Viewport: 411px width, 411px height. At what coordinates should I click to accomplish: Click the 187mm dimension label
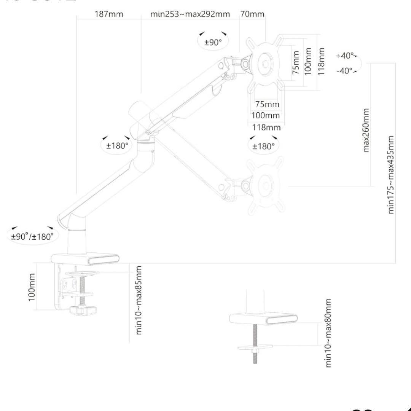click(109, 14)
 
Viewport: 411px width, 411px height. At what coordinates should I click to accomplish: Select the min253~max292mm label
click(190, 14)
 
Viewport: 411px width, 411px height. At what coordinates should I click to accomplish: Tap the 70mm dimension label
click(252, 14)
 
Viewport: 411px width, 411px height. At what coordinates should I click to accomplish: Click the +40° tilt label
click(344, 56)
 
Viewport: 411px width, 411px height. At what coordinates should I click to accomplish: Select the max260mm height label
click(366, 130)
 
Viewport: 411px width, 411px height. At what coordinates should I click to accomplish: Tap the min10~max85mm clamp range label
click(139, 300)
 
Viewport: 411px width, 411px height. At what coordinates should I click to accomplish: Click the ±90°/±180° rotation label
click(32, 236)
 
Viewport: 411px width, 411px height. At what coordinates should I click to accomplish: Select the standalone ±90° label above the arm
click(213, 42)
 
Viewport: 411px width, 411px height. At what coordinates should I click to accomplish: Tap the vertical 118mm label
click(322, 61)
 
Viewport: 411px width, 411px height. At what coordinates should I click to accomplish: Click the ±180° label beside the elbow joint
click(117, 145)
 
